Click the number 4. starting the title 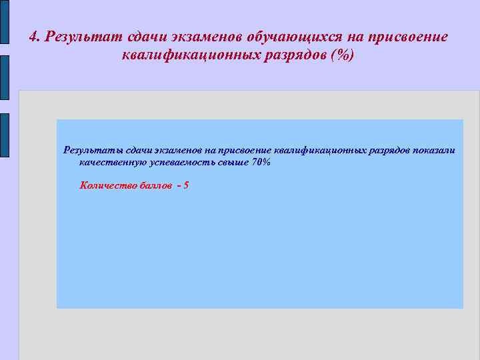[35, 37]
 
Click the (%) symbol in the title [345, 55]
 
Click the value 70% [261, 162]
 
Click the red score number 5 [185, 185]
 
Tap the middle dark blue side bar [4, 79]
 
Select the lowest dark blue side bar [4, 135]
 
